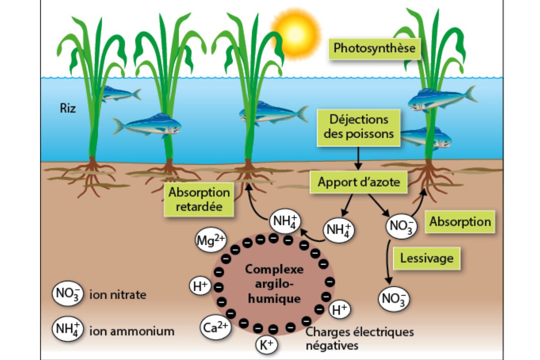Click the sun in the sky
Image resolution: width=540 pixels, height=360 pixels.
pyautogui.click(x=296, y=33)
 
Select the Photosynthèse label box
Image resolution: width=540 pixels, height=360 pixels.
pyautogui.click(x=374, y=49)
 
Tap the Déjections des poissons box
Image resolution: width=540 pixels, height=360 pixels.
pyautogui.click(x=359, y=127)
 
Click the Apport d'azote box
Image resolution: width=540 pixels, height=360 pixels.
pyautogui.click(x=359, y=182)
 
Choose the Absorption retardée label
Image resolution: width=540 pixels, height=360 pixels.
pyautogui.click(x=199, y=199)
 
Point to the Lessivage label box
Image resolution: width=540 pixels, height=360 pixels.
pyautogui.click(x=427, y=258)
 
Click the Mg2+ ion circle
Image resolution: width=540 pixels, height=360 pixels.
pyautogui.click(x=211, y=240)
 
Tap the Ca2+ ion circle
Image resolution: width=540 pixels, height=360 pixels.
pyautogui.click(x=216, y=327)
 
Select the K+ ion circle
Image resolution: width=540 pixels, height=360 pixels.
pyautogui.click(x=266, y=345)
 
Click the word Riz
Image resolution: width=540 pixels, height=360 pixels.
pyautogui.click(x=68, y=108)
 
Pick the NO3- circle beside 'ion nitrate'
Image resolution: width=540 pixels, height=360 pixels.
pyautogui.click(x=68, y=293)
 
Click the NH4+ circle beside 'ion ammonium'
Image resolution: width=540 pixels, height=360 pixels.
pyautogui.click(x=68, y=329)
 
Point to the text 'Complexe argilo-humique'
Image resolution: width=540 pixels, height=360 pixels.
pyautogui.click(x=274, y=284)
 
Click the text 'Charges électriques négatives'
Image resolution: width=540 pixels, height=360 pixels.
pyautogui.click(x=360, y=338)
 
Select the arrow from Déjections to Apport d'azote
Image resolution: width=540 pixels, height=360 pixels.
pyautogui.click(x=358, y=158)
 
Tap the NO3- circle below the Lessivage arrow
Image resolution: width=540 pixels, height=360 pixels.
pyautogui.click(x=394, y=299)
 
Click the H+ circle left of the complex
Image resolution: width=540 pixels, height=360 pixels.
pyautogui.click(x=200, y=286)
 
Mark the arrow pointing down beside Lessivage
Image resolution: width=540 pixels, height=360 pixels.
pyautogui.click(x=387, y=262)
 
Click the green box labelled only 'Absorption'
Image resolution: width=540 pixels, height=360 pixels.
pyautogui.click(x=460, y=221)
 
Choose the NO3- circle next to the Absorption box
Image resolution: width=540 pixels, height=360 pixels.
pyautogui.click(x=401, y=226)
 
